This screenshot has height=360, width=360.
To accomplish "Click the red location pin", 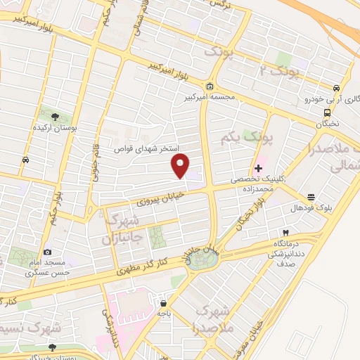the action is (181, 166).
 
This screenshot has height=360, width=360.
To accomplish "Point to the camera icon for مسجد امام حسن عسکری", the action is (47, 252).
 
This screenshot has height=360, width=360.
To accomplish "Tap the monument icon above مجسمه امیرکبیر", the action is (210, 86).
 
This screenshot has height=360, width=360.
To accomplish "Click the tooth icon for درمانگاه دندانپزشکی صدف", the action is (285, 231).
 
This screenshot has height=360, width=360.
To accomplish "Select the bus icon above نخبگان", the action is (327, 112).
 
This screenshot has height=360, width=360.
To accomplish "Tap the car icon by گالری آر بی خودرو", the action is (337, 88).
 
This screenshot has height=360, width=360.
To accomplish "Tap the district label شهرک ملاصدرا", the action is (210, 317).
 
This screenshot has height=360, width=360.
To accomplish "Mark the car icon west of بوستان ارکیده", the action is (25, 160).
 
